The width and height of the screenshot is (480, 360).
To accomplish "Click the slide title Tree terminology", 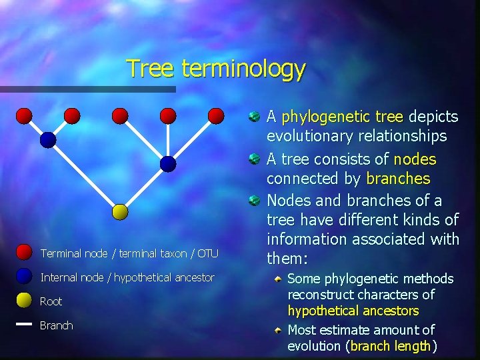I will coord(215,68).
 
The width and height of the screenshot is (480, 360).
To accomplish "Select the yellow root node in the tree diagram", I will coord(120,212).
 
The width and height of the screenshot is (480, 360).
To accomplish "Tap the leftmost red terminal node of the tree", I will coord(24,116).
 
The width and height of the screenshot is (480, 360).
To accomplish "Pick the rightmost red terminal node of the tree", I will coord(216,116).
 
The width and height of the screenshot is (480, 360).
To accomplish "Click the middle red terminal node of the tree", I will coord(120,116).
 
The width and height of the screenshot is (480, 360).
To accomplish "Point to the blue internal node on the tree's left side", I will coord(48,140).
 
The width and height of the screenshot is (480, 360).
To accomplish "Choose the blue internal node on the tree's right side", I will coord(168,164).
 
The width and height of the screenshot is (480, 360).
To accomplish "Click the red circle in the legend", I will coord(24,253).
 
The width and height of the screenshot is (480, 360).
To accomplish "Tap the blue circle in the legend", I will coord(24,277).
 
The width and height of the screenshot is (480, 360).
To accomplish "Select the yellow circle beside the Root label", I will coord(24,301).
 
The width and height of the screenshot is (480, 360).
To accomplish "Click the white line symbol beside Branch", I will coord(24,325).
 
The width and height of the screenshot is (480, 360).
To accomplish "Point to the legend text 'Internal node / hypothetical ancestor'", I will coord(127,277).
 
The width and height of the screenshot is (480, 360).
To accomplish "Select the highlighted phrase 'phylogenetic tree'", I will coord(343,117).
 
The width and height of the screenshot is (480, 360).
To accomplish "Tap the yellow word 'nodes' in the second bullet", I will coord(415,159).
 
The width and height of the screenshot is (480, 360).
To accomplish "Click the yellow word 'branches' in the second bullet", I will coord(398,179).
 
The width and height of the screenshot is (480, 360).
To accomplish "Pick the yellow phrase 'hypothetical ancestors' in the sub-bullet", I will coord(353,311).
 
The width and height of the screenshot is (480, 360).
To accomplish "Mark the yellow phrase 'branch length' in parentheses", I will coord(391,346).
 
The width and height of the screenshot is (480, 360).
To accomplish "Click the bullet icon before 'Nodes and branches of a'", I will coord(254,201).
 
